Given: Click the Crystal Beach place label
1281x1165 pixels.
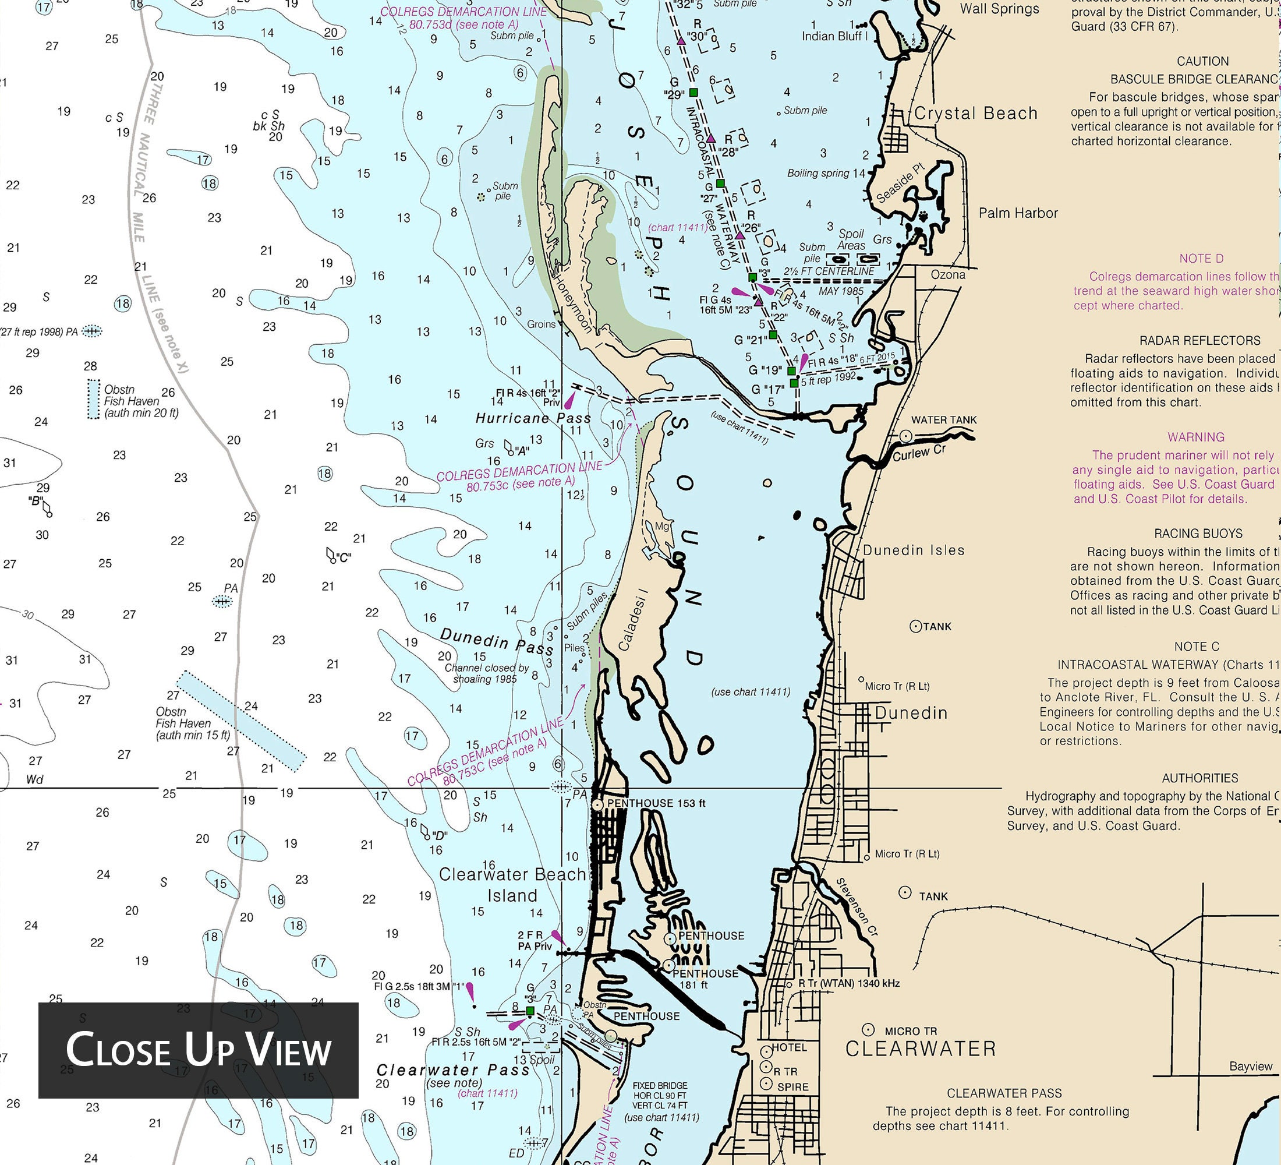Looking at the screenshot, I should coord(975,114).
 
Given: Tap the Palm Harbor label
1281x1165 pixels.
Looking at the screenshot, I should coord(1018,213).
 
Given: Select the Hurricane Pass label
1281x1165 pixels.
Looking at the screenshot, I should coord(533,418).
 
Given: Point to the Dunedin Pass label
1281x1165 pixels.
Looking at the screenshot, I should coord(496,641).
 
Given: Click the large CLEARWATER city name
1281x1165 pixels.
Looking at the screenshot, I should coord(920,1048).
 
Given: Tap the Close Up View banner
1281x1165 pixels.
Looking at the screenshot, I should coord(198,1050).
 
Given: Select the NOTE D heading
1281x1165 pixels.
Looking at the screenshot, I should coord(1201,259).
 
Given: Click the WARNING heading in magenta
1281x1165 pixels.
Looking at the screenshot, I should coord(1195,437).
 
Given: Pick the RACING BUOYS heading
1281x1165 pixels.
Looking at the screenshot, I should coord(1198,533).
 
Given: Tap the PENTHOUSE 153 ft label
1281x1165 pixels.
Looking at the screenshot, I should coord(656,803).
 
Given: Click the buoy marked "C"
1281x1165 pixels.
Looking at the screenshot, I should coord(331,556).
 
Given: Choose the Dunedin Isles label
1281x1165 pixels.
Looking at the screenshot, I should coord(913,550).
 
